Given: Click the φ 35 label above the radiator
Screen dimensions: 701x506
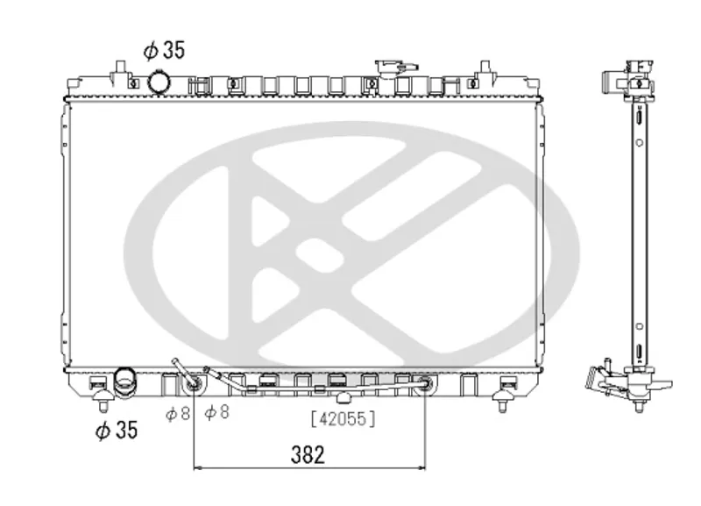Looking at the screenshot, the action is [x=164, y=50].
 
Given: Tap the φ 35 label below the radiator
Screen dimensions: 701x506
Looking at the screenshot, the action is [x=117, y=430].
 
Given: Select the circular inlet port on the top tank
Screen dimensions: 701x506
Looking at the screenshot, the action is [x=159, y=82].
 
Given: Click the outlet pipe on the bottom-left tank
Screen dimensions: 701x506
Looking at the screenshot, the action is [x=124, y=382].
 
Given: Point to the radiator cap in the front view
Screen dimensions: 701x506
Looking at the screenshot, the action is [x=396, y=68].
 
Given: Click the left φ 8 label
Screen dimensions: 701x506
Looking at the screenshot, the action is [x=178, y=414].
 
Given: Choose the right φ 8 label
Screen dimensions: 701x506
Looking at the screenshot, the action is [x=216, y=412].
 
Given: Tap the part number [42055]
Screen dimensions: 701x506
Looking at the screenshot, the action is [x=343, y=419].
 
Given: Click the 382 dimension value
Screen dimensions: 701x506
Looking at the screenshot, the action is [x=308, y=454].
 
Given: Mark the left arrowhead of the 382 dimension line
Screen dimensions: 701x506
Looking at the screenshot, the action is [x=198, y=468].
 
